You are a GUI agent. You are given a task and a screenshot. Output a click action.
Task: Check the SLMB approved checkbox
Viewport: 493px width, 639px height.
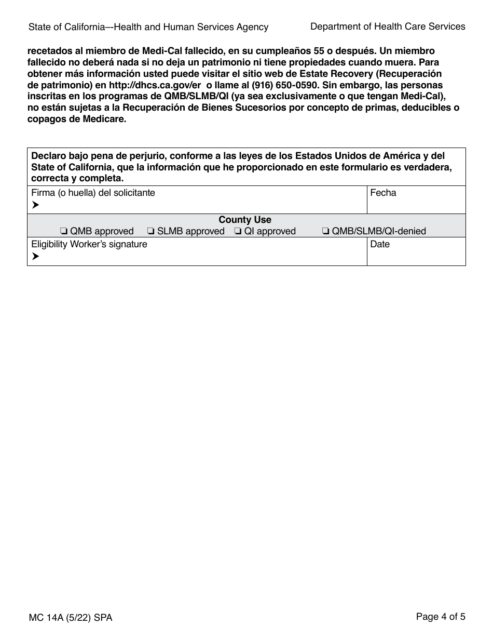pyautogui.click(x=150, y=232)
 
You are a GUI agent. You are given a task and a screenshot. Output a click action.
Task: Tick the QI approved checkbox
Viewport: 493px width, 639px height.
pyautogui.click(x=238, y=232)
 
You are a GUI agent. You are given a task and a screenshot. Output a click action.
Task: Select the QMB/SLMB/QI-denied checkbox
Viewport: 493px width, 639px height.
pyautogui.click(x=325, y=232)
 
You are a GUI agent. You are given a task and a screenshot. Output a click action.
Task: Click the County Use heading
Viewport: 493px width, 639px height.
pyautogui.click(x=245, y=220)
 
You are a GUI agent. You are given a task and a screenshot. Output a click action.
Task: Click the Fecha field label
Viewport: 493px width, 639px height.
pyautogui.click(x=383, y=193)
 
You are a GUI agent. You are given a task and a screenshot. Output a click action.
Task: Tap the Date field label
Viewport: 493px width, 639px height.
pyautogui.click(x=380, y=244)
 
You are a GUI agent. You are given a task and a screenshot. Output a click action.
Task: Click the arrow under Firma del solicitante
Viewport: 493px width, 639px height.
pyautogui.click(x=35, y=205)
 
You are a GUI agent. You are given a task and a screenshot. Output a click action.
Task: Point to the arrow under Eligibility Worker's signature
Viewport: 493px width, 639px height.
pyautogui.click(x=35, y=257)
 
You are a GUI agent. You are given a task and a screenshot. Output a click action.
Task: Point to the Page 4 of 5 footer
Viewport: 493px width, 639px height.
pyautogui.click(x=441, y=617)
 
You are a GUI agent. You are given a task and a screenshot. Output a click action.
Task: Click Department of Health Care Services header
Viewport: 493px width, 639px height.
pyautogui.click(x=388, y=26)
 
